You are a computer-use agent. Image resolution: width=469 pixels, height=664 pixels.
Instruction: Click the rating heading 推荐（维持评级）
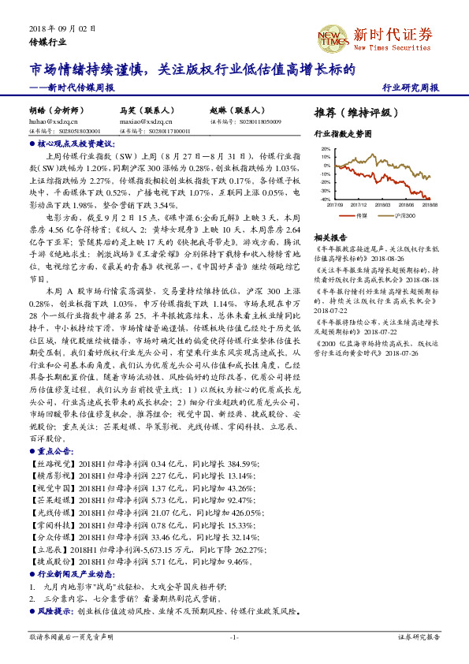click(x=352, y=113)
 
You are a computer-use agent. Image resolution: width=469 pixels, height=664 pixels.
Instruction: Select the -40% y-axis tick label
click(x=326, y=200)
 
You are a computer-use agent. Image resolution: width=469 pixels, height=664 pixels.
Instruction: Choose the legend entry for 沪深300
click(x=406, y=215)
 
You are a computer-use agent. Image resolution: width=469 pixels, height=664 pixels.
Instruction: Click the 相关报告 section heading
click(x=328, y=237)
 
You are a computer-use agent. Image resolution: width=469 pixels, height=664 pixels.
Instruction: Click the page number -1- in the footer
click(x=234, y=636)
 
